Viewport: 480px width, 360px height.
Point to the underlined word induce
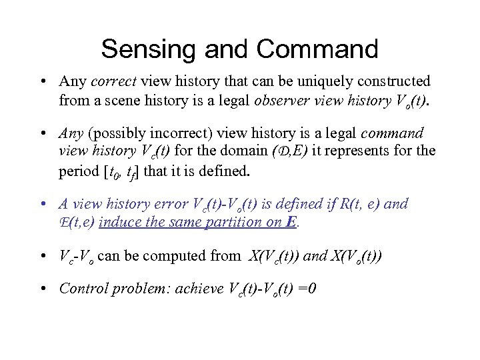pos(118,223)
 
